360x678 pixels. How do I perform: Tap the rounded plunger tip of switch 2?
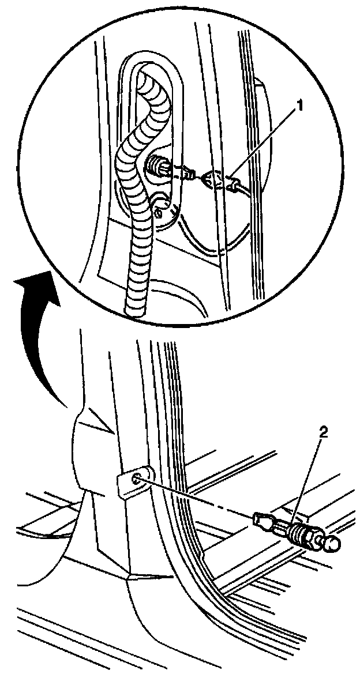pyautogui.click(x=331, y=543)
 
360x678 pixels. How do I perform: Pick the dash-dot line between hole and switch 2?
pyautogui.click(x=196, y=498)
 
